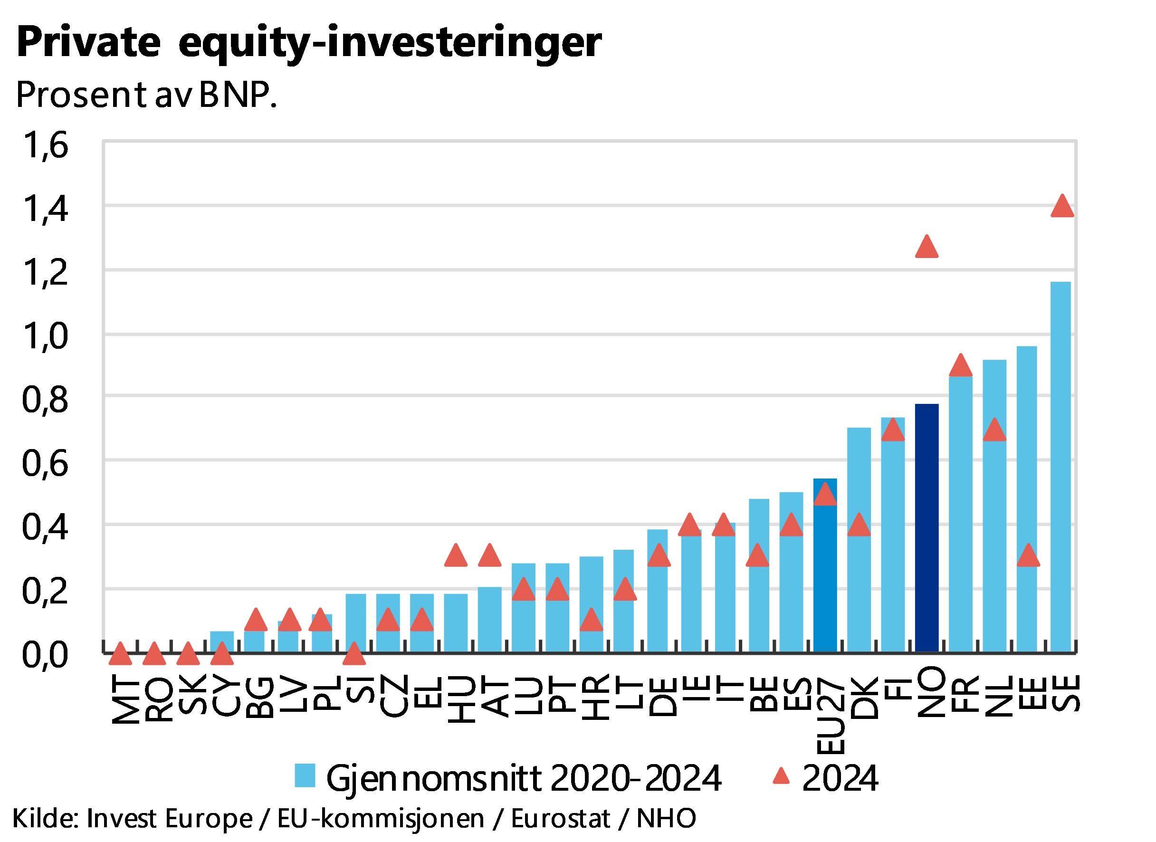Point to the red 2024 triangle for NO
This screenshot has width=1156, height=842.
tap(927, 248)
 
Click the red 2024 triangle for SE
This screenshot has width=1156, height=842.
tap(1062, 206)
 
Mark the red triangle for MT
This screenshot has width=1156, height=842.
tap(120, 654)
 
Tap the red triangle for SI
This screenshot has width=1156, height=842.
tap(354, 654)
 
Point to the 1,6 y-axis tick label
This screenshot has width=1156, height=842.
tap(45, 145)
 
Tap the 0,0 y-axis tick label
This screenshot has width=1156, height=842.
tap(45, 654)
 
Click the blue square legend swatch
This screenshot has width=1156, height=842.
tap(305, 776)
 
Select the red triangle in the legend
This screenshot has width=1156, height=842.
tap(781, 776)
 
